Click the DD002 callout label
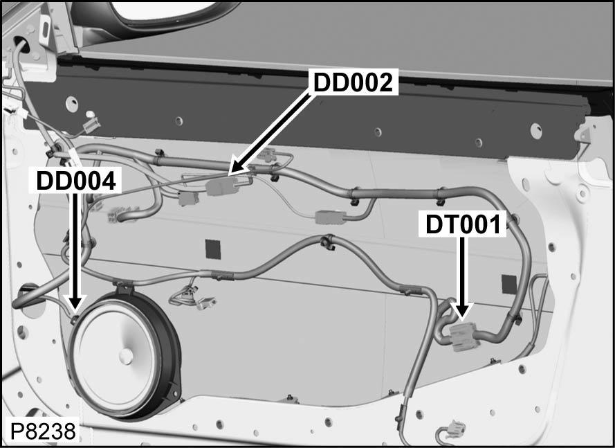[354, 82]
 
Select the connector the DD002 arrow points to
[228, 186]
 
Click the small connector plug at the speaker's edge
[75, 320]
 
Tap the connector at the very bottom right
[455, 429]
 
